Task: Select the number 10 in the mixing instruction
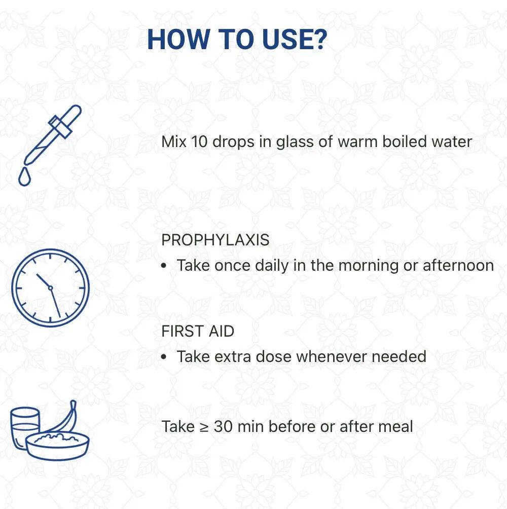click(199, 141)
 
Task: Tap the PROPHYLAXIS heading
click(215, 240)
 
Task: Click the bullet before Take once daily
click(164, 266)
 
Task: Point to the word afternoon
click(458, 265)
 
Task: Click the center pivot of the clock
click(50, 287)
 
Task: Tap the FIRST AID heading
click(198, 331)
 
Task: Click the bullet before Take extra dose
click(164, 357)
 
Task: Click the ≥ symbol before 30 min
click(204, 427)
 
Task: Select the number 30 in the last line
click(223, 426)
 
